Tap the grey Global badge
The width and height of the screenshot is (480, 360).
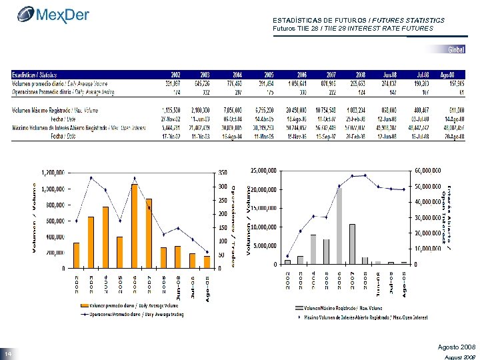coord(456,50)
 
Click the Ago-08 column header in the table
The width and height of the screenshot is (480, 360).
coord(457,75)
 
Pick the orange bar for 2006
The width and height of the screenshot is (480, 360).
coord(135,226)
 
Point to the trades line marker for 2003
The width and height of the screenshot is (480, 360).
coord(91,177)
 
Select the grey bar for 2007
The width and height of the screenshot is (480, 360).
coord(352,244)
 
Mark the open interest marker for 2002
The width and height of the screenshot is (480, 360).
coord(288,256)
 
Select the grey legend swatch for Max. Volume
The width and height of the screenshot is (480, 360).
coord(299,308)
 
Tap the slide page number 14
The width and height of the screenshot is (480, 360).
coord(7,353)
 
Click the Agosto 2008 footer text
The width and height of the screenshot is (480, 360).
coord(456,347)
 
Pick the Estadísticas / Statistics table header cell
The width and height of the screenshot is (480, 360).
coord(33,75)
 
